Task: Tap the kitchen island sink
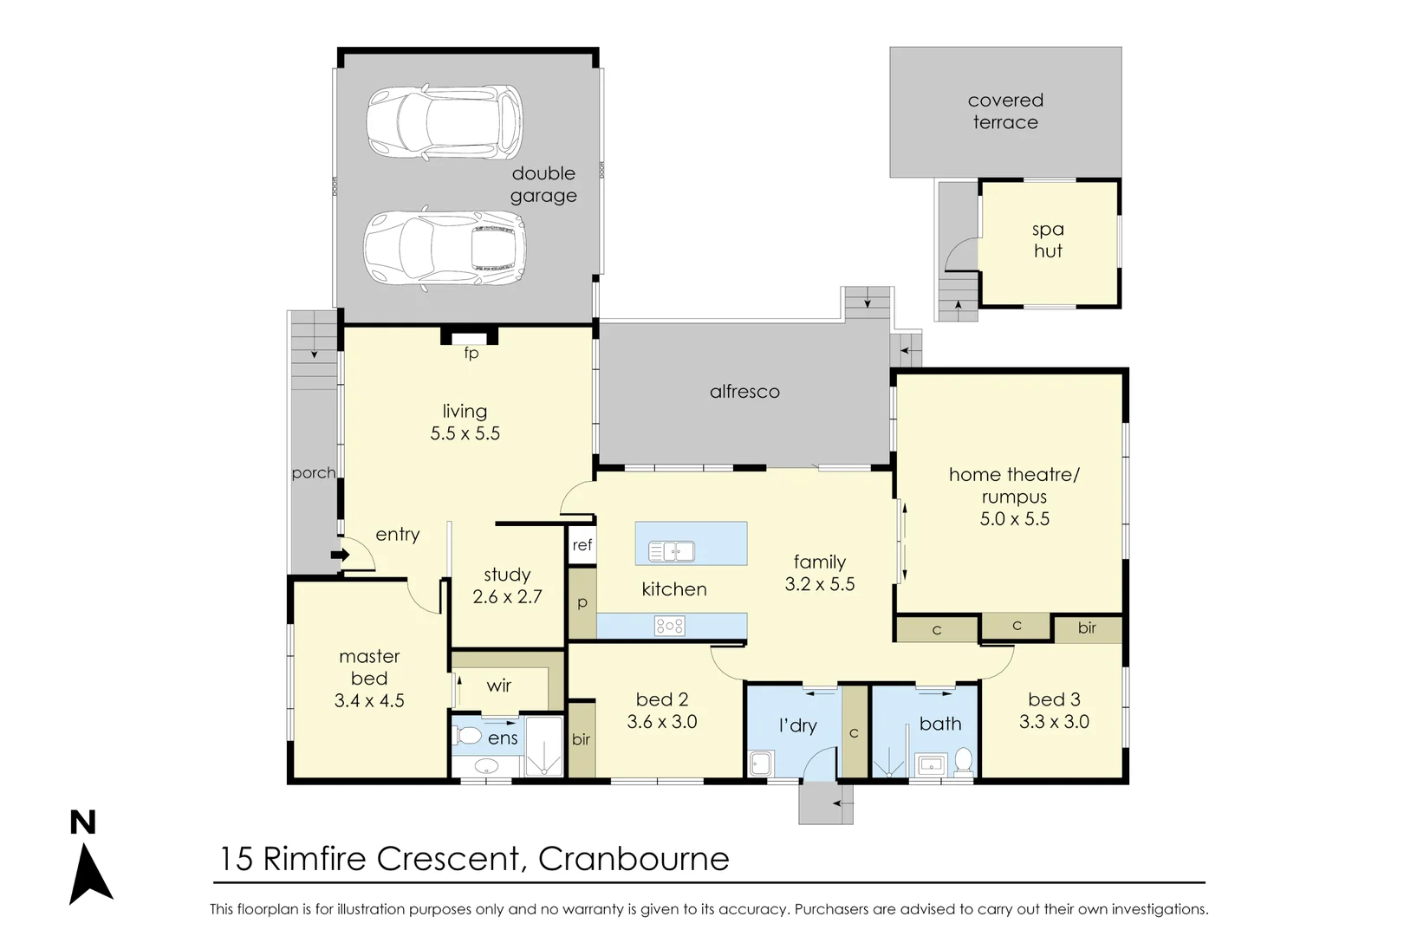click(672, 550)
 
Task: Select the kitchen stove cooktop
click(669, 626)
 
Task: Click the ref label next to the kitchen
click(582, 545)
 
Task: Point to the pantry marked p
click(582, 603)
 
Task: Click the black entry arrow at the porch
click(339, 555)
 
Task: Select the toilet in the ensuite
click(469, 737)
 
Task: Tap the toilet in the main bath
click(963, 761)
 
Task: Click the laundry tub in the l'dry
click(760, 763)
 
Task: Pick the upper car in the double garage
click(445, 122)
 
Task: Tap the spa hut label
click(1048, 240)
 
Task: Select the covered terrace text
click(1005, 111)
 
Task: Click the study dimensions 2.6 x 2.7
click(507, 597)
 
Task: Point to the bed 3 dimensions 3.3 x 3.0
click(1054, 722)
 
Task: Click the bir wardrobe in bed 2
click(581, 739)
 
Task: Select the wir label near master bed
click(498, 686)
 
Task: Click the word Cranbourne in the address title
click(634, 859)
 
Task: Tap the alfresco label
click(744, 392)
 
